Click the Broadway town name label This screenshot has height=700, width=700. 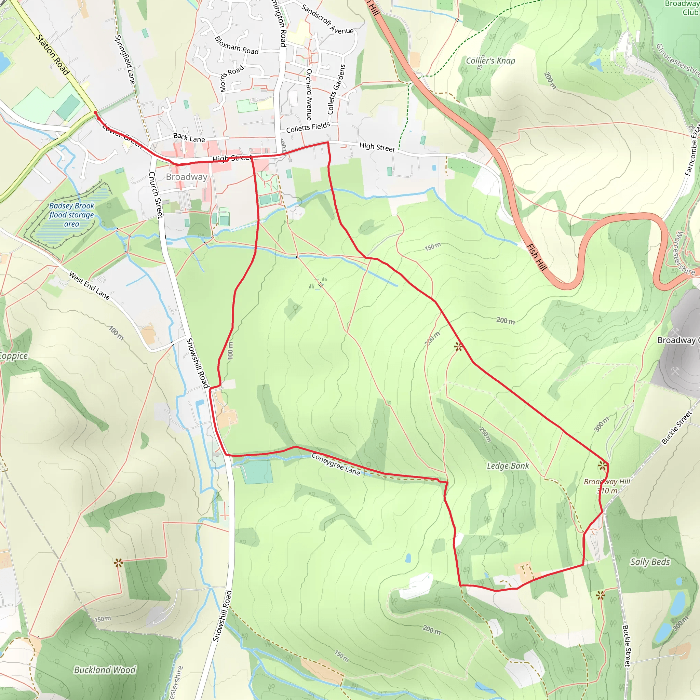coord(187,177)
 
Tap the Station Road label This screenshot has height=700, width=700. coord(53,54)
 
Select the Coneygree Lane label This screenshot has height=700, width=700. coord(336,464)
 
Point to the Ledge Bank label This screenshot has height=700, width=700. coord(508,466)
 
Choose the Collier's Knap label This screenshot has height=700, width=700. coord(490,61)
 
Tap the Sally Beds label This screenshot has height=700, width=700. coord(650,562)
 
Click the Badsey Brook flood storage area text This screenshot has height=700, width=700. coord(71,215)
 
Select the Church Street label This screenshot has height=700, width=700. coord(156,195)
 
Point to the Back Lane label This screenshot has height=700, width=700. coord(189,138)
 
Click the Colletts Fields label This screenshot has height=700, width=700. coord(308,127)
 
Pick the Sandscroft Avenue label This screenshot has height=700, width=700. coord(327,19)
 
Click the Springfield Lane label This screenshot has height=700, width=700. coord(125,60)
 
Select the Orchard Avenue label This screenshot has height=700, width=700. coord(309,94)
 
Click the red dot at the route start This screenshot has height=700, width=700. coord(96,113)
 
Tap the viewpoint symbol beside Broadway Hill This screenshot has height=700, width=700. coord(602,466)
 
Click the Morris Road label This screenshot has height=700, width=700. coord(231,79)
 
